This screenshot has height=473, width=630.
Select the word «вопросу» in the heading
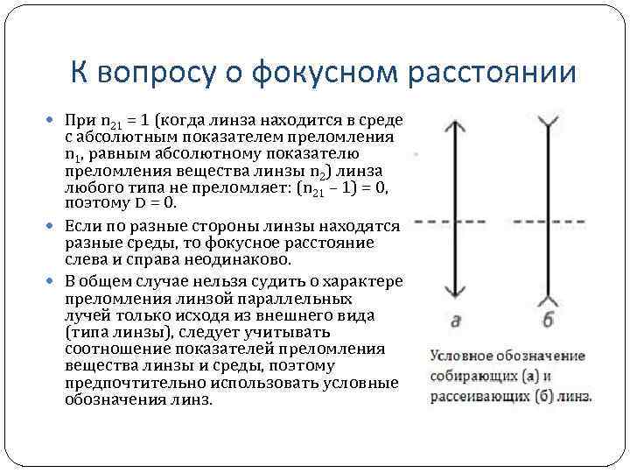click(167, 73)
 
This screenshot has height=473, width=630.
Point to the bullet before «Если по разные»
click(55, 227)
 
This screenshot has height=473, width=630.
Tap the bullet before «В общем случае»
click(55, 281)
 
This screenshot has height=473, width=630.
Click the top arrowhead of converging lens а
click(454, 125)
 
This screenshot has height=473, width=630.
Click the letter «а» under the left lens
click(455, 321)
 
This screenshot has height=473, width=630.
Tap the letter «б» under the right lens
click(548, 321)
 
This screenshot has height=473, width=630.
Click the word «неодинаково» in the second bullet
click(248, 260)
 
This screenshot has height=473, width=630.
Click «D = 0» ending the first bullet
click(153, 203)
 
